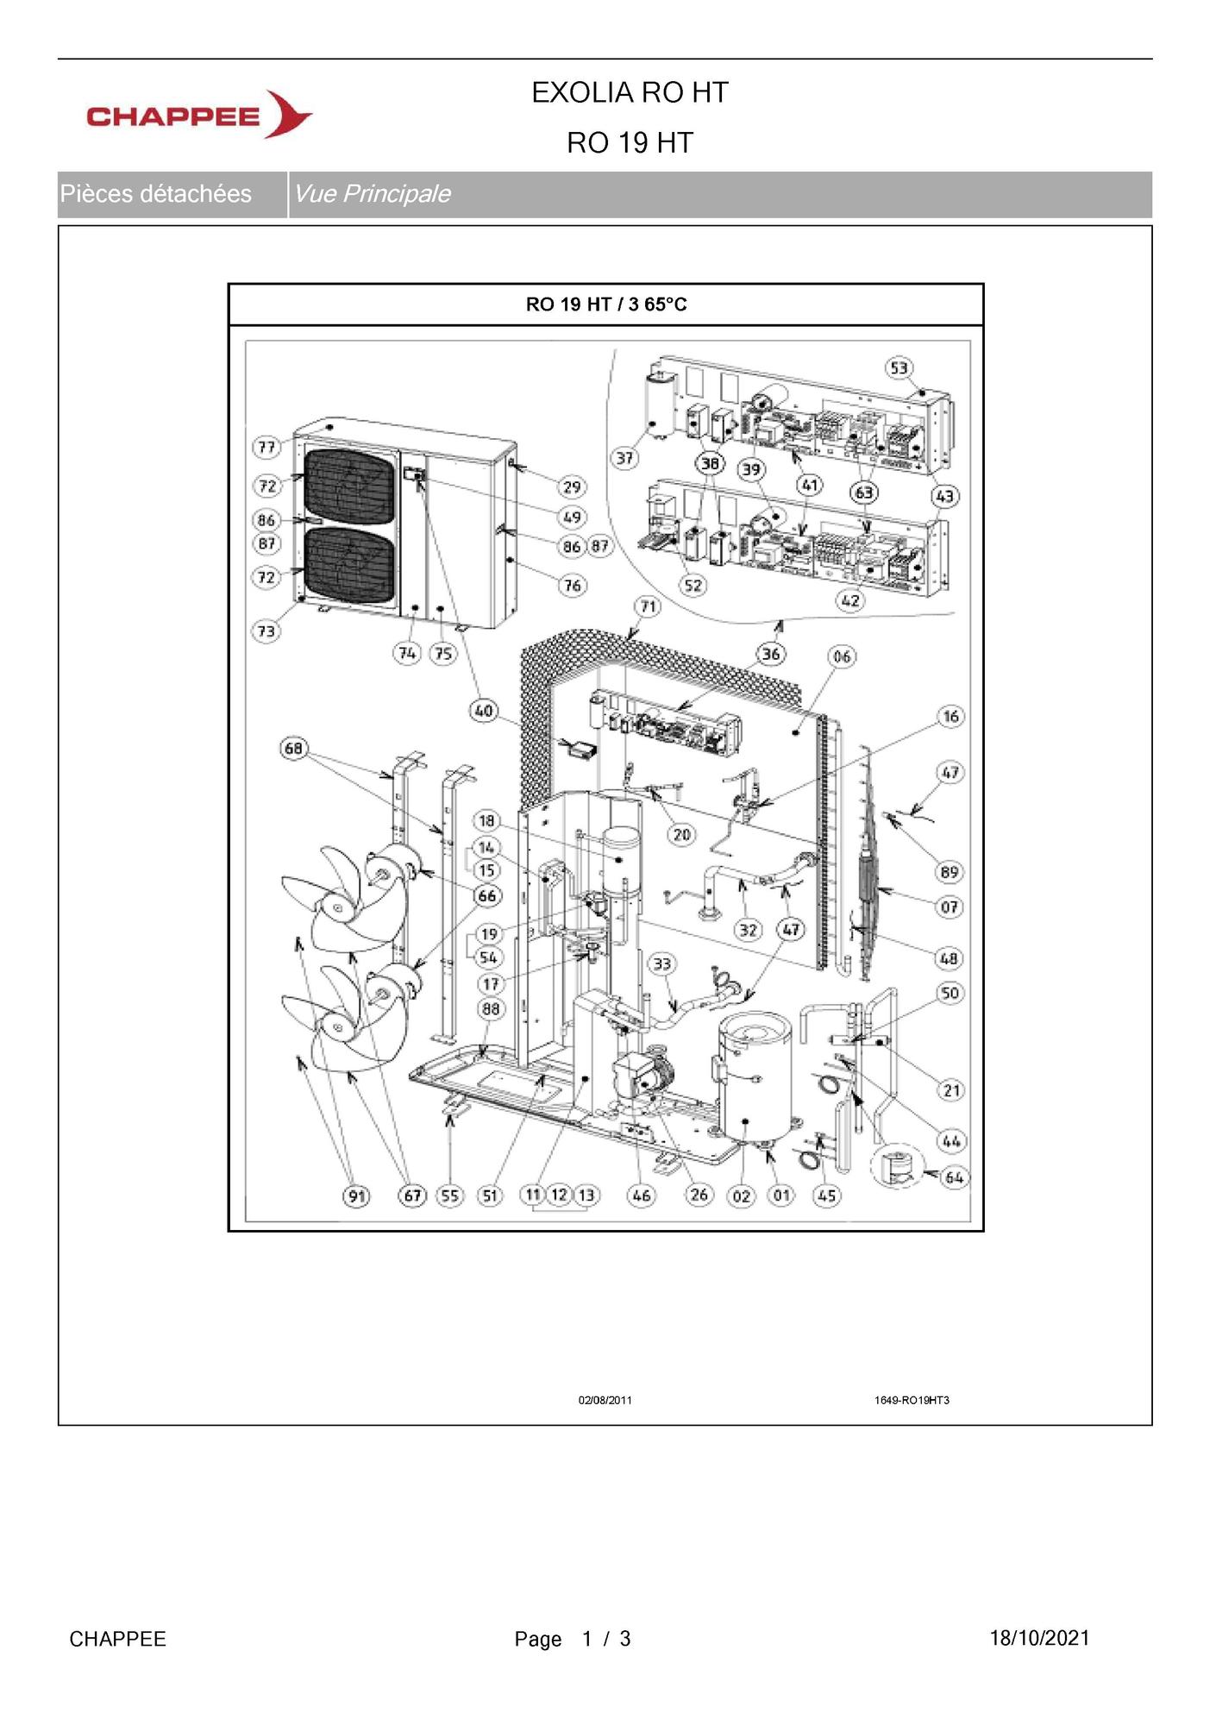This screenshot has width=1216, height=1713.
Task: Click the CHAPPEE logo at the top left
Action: click(199, 115)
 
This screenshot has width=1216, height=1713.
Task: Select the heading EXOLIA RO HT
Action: click(630, 92)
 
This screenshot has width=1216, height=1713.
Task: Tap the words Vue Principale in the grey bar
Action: click(372, 193)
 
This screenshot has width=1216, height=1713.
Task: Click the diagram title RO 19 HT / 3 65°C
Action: click(606, 304)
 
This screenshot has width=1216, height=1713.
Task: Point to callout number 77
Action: click(266, 447)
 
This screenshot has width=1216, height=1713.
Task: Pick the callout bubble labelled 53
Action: click(899, 368)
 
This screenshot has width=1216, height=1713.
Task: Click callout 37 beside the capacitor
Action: click(624, 458)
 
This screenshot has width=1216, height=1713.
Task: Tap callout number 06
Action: click(842, 656)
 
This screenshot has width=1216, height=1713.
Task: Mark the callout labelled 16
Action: click(950, 716)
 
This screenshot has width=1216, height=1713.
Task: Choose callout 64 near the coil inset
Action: click(954, 1177)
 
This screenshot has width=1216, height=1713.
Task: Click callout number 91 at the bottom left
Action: click(356, 1195)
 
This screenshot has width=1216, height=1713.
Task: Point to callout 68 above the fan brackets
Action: click(293, 748)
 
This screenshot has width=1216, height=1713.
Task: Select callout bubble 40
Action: click(483, 711)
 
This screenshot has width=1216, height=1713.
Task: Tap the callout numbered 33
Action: click(661, 963)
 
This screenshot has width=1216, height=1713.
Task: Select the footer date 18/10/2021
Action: click(1039, 1638)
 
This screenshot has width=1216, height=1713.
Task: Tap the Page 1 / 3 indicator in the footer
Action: click(573, 1639)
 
